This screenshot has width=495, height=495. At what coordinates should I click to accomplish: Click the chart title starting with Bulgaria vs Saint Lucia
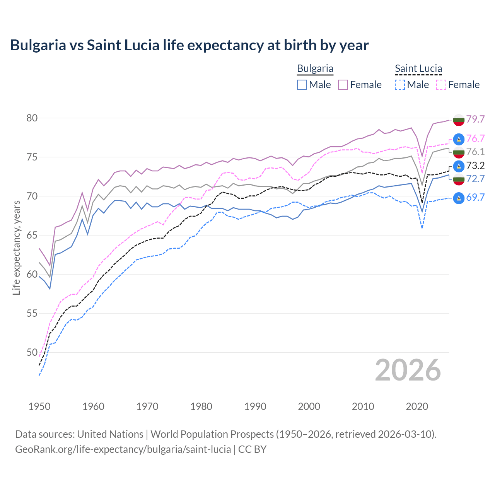pos(189,45)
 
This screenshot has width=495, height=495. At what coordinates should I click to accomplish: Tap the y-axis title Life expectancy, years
pos(16,247)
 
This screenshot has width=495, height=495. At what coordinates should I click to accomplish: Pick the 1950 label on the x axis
pos(39,406)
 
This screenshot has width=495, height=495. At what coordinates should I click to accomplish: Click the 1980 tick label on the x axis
pos(201,406)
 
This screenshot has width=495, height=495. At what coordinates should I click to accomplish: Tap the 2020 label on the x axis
pos(417,406)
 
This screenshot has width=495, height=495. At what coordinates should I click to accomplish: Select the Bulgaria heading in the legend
pos(315,69)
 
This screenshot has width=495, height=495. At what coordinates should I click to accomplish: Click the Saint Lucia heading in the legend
pos(418,69)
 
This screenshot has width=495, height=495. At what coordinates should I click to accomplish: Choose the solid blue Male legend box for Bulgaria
pos(302,85)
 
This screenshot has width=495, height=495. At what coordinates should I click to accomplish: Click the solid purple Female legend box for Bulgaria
pos(343,85)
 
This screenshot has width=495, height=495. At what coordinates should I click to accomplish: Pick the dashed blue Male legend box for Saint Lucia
pos(400,85)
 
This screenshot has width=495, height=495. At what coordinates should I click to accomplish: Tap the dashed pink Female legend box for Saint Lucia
pos(441,85)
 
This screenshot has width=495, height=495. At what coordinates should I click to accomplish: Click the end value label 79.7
pos(475,119)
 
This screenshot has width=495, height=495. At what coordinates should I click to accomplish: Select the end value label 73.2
pos(475,166)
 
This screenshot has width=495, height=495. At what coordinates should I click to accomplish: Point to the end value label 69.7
pos(475,198)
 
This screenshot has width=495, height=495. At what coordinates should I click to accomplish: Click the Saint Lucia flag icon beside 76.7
pos(459,139)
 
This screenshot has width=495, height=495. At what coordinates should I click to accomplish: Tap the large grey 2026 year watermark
pos(408,370)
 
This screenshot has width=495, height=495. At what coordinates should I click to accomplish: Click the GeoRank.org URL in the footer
pos(123,449)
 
